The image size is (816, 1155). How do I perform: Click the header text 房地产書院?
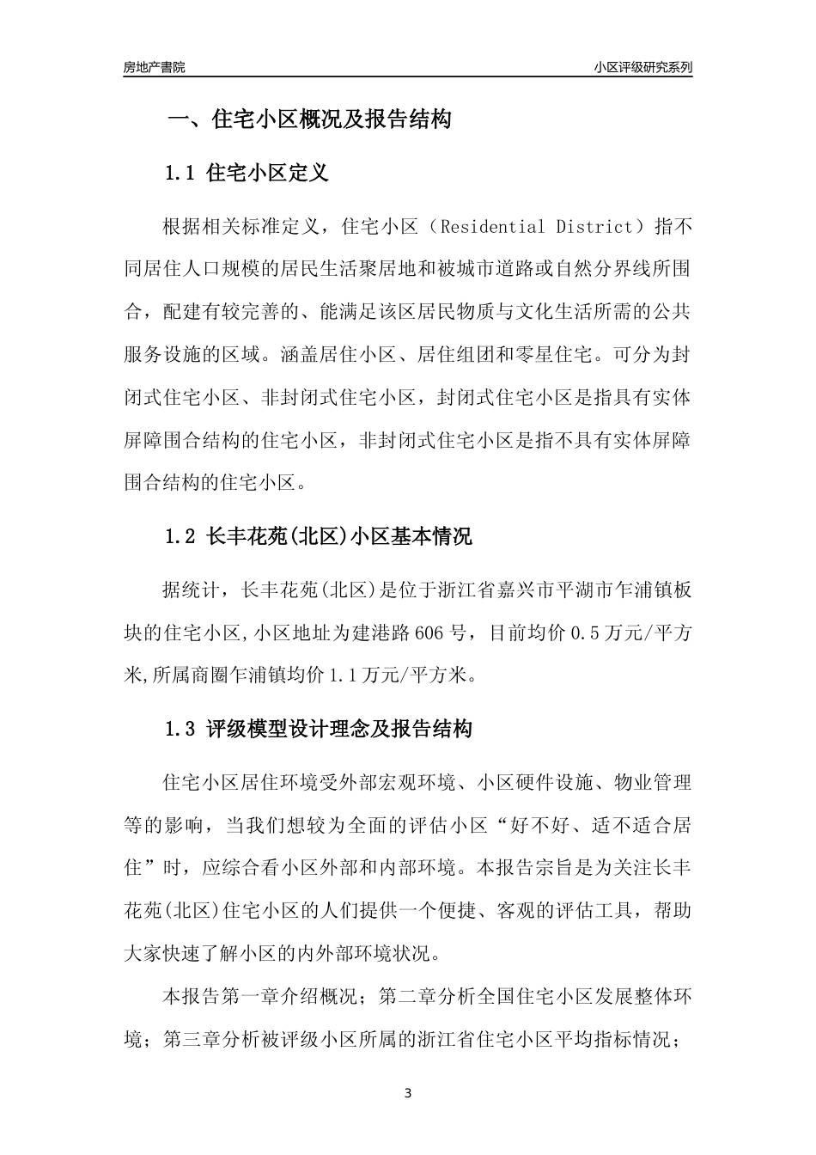(x=154, y=67)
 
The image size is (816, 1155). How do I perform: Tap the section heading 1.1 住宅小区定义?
(x=247, y=174)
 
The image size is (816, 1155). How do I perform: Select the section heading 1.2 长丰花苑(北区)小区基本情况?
(x=319, y=538)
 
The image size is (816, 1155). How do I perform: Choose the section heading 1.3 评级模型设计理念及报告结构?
(x=319, y=730)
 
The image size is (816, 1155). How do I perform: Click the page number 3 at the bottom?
(x=408, y=1094)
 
